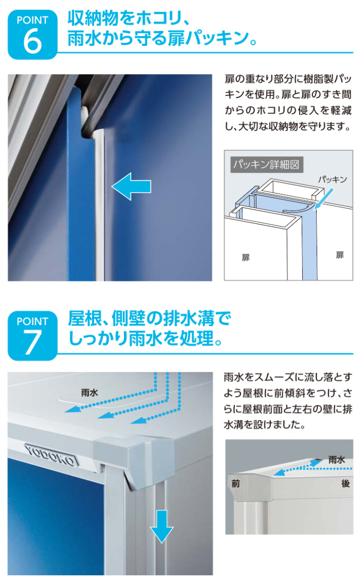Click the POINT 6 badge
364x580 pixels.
32,35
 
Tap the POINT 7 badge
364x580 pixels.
32,336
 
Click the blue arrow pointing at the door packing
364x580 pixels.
131,187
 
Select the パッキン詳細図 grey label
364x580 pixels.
266,165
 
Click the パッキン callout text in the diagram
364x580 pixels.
332,180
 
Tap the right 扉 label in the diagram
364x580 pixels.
340,255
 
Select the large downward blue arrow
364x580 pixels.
161,526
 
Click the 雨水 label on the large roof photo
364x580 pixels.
89,393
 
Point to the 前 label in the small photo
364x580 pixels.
235,484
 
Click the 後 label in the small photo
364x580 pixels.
345,484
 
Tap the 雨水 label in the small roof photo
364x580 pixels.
336,460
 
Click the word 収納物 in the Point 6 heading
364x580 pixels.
92,19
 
